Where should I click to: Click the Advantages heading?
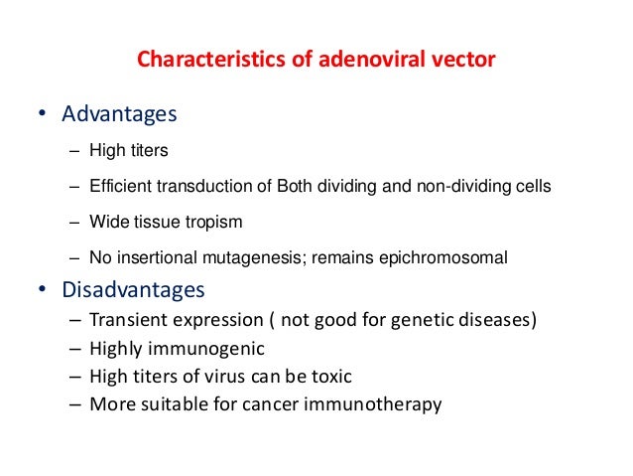click(x=119, y=114)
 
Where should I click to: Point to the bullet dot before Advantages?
click(x=41, y=115)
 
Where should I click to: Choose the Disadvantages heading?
click(x=133, y=290)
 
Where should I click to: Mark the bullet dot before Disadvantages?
click(x=41, y=291)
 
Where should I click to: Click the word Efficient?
click(x=117, y=186)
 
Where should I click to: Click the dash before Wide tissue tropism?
click(x=75, y=222)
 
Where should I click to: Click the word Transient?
click(x=128, y=321)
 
